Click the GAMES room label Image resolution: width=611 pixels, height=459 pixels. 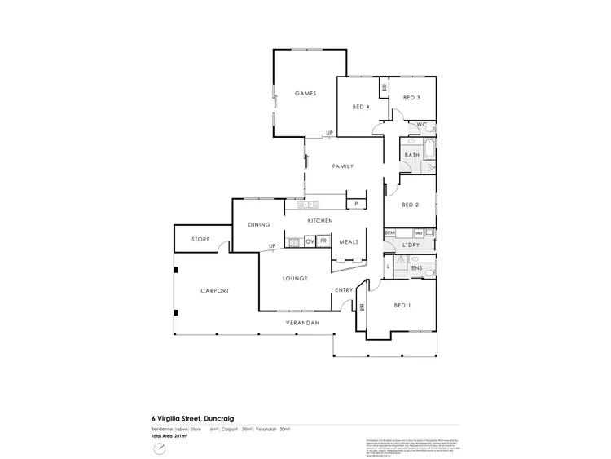coord(305,94)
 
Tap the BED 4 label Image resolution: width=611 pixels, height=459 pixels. coord(362,107)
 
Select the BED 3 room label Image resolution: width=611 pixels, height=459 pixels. coord(411,99)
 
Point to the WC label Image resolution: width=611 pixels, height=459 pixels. coord(421,125)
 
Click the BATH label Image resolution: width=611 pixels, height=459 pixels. coord(411,155)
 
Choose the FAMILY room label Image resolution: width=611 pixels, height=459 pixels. coord(342,166)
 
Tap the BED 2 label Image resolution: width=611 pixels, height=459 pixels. coord(410,205)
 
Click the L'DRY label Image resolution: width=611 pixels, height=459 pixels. coord(411,244)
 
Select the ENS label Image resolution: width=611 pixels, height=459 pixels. coord(415,267)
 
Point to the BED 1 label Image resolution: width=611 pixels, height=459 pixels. coord(402,306)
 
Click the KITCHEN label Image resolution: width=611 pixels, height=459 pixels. coord(321,222)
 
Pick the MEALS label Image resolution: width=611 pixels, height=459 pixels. coord(349,242)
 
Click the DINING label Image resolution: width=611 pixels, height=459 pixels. coord(259,224)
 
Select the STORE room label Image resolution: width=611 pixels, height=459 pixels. coord(200,240)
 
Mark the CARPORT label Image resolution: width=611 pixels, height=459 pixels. coord(215,291)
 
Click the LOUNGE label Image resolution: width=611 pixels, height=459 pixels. coord(295,279)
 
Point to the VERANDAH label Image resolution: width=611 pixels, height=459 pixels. coord(301,323)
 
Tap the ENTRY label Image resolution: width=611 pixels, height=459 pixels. coord(343,290)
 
